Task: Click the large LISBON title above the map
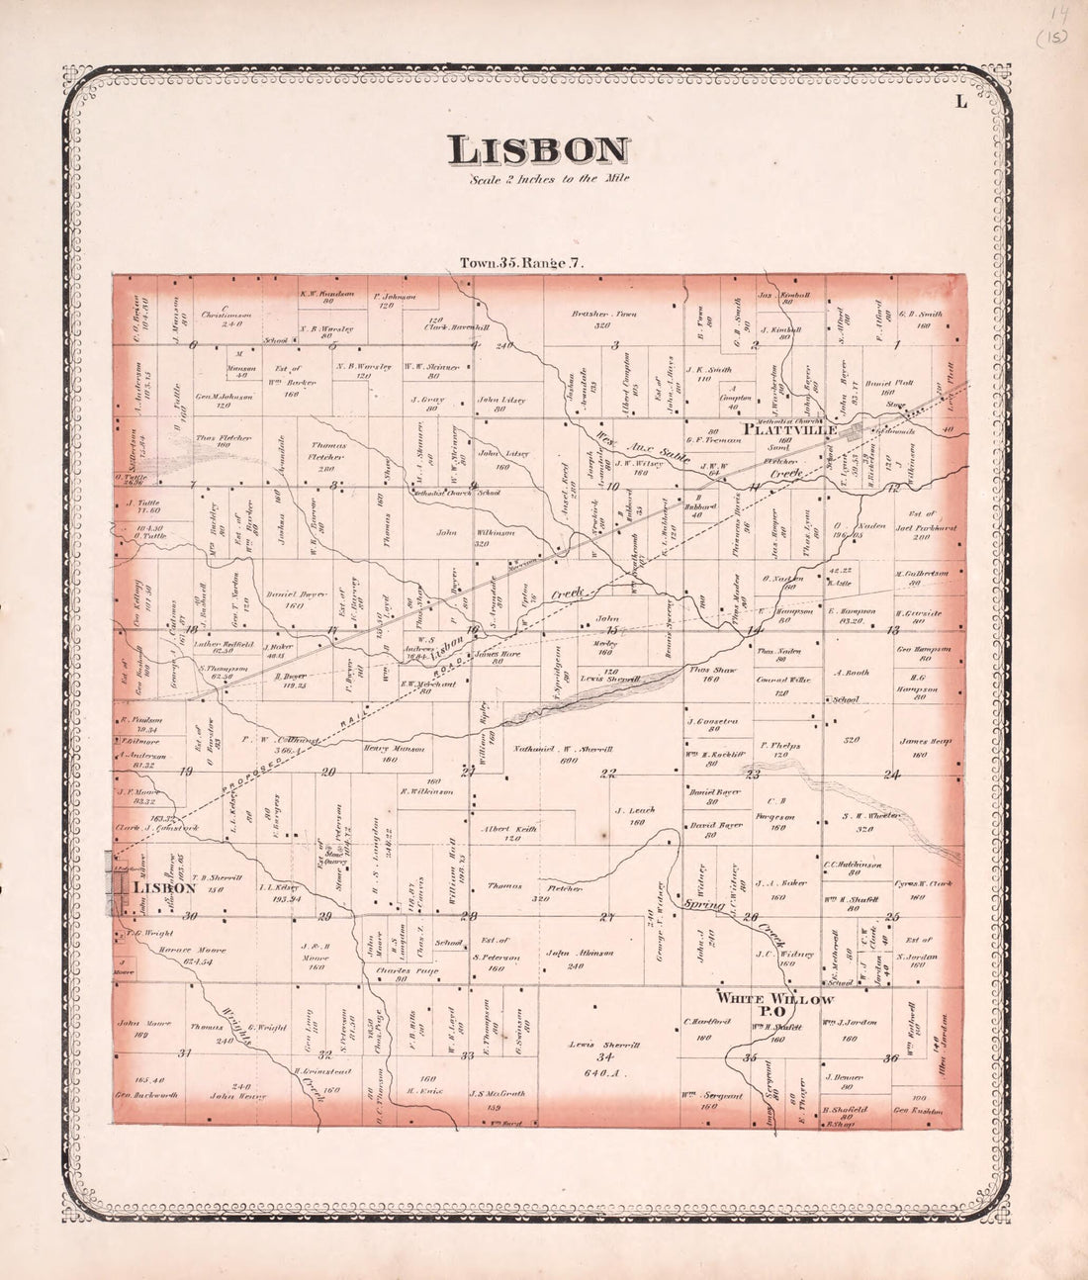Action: click(x=538, y=150)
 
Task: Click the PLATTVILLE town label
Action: click(x=790, y=430)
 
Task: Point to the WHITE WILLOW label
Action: click(x=774, y=1000)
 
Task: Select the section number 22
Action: click(x=608, y=773)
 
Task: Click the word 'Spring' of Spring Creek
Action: click(x=699, y=903)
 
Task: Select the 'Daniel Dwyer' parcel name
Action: click(x=282, y=594)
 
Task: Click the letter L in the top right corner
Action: click(x=959, y=99)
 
